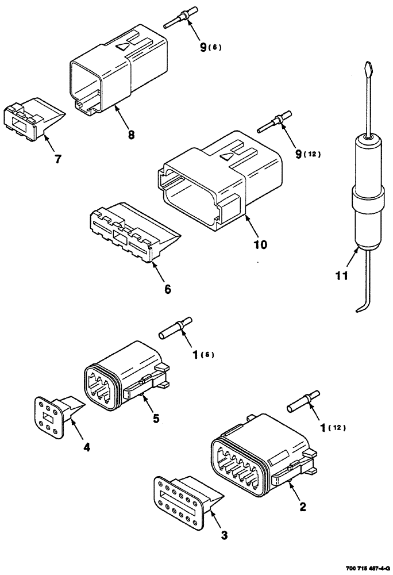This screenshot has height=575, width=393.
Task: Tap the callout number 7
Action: [57, 158]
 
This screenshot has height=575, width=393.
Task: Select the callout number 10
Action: [260, 244]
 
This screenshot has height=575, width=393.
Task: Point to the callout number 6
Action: [167, 290]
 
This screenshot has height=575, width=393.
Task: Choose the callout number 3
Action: [224, 536]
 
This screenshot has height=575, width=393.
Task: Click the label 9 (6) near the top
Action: [209, 48]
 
